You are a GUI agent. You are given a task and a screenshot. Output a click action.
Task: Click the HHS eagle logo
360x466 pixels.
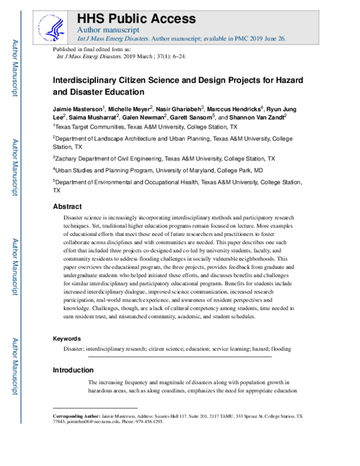(53, 25)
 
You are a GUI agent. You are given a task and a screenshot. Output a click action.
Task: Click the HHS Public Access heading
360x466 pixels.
(137, 17)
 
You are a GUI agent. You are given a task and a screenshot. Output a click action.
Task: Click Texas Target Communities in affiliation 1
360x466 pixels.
(92, 127)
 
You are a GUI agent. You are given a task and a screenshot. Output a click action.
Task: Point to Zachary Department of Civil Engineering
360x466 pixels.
(119, 159)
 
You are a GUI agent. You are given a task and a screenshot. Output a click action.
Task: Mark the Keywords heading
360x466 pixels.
(68, 338)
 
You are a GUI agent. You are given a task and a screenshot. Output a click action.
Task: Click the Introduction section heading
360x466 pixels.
(73, 370)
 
